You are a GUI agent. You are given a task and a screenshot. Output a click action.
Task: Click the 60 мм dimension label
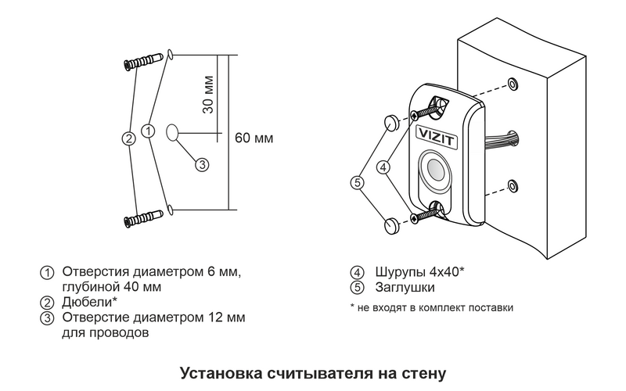click(254, 138)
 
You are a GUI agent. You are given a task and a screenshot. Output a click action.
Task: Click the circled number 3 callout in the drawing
click(201, 164)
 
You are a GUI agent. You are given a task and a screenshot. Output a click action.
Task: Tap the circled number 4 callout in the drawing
click(383, 167)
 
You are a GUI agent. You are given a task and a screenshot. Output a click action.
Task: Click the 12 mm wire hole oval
click(173, 132)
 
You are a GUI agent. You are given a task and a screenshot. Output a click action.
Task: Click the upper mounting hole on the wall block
click(512, 83)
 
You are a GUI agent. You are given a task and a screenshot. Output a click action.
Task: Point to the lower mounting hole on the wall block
click(512, 185)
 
